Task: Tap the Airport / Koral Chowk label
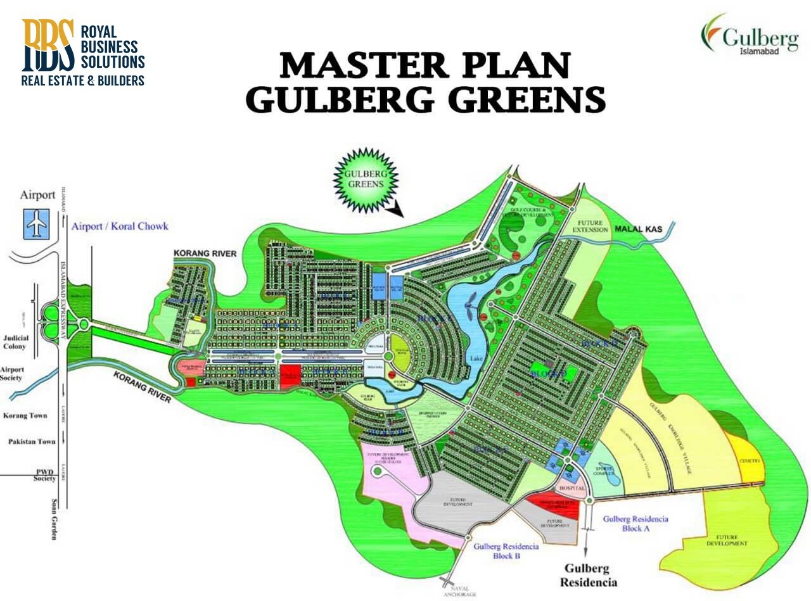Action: (x=120, y=226)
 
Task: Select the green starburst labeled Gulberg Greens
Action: (x=366, y=178)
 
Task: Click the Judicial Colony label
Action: (x=15, y=343)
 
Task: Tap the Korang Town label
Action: (x=25, y=415)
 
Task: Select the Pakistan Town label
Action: (x=32, y=441)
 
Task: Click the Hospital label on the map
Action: (x=572, y=490)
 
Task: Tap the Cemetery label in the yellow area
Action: (x=750, y=461)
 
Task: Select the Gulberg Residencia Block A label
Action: (x=635, y=523)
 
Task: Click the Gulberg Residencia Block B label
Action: (x=506, y=551)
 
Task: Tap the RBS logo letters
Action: (x=48, y=45)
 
